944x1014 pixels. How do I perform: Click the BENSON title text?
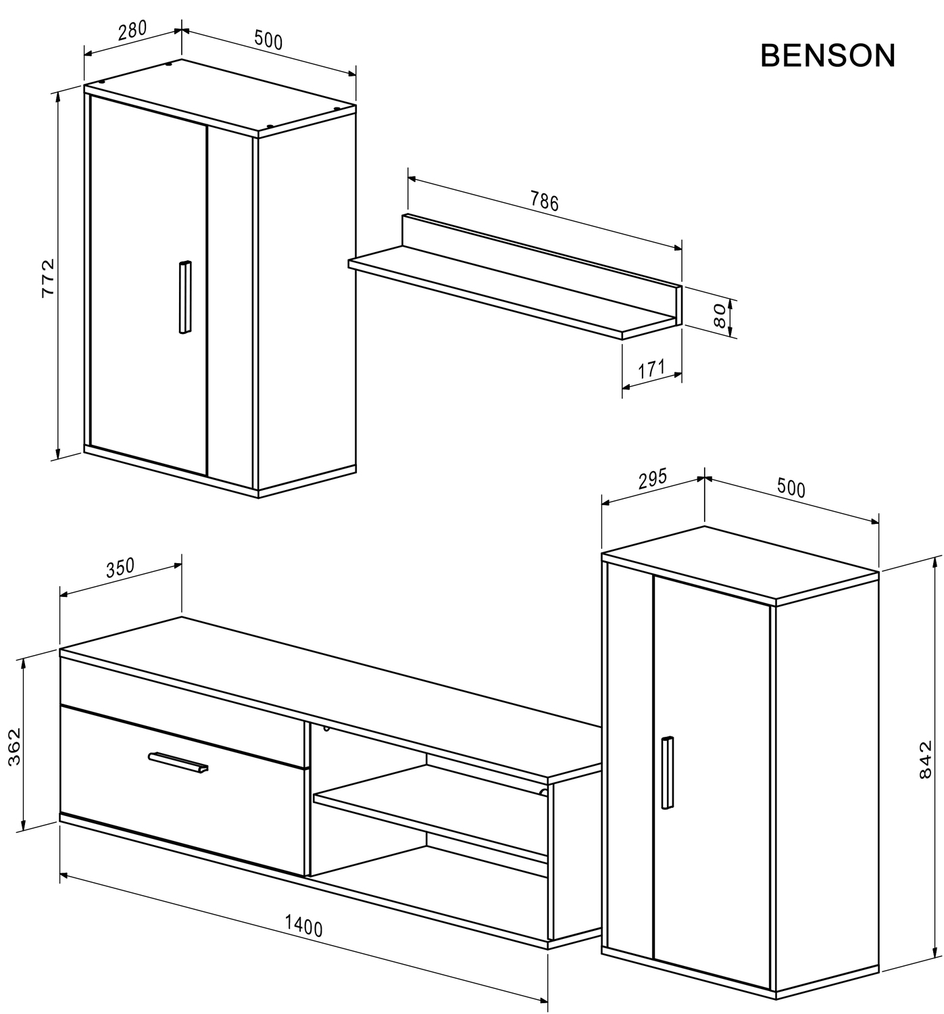tap(828, 56)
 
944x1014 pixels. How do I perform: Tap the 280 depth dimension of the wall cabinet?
tap(132, 32)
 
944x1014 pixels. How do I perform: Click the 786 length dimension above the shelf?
tap(544, 201)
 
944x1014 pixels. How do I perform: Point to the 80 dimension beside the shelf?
tap(720, 316)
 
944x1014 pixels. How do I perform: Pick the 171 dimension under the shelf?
tap(651, 369)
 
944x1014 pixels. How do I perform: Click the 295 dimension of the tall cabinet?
tap(652, 478)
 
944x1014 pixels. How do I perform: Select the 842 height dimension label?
tap(925, 760)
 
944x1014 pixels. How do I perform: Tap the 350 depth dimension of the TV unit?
tap(120, 568)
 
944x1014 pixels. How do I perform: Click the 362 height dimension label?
tap(15, 747)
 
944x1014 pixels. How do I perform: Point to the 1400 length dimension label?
tap(303, 925)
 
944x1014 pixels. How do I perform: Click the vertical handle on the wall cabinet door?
tap(184, 297)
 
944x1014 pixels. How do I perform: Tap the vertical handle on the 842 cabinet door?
tap(668, 772)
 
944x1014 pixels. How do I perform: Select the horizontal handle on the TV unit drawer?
tap(178, 761)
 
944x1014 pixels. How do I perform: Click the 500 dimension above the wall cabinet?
tap(268, 41)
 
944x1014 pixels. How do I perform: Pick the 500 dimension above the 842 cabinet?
tap(791, 488)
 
